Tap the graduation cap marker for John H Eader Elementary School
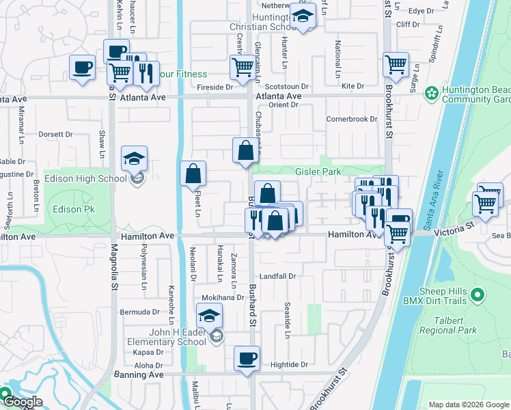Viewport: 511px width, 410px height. (x=210, y=316)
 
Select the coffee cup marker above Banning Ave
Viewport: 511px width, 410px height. (x=247, y=357)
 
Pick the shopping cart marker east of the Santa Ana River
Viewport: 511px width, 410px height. (x=486, y=202)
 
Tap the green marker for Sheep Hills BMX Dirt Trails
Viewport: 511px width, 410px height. (x=478, y=296)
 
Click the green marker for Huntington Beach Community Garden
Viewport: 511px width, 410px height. (x=431, y=92)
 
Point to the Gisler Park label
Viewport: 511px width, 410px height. (x=318, y=172)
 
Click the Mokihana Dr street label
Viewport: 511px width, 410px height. (x=222, y=298)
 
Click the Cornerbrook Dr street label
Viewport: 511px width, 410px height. (x=352, y=119)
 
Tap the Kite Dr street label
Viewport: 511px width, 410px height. (x=353, y=86)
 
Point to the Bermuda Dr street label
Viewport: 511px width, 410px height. (x=139, y=312)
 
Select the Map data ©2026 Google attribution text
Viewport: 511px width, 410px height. (x=469, y=405)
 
